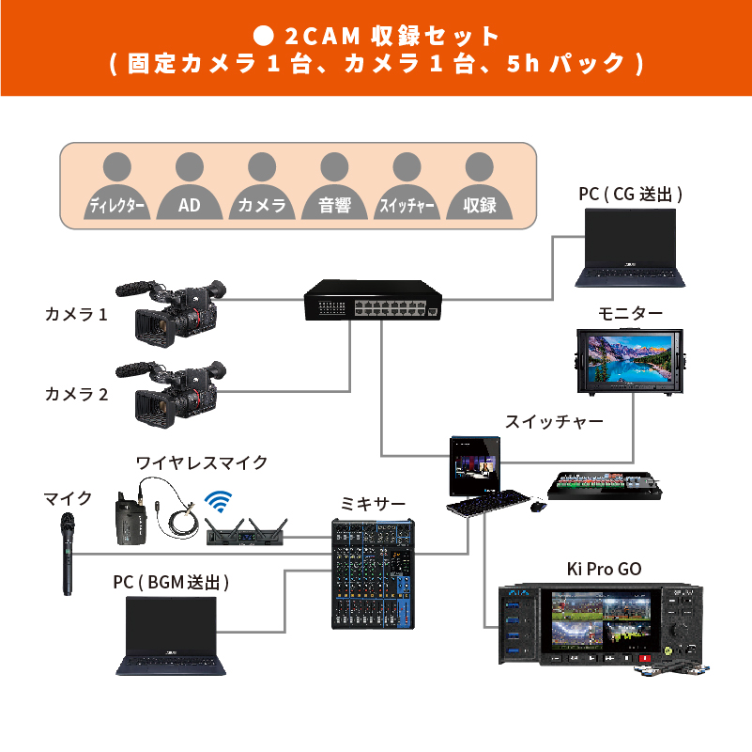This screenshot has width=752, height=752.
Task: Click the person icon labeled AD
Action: click(190, 187)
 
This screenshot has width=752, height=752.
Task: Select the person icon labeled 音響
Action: click(334, 187)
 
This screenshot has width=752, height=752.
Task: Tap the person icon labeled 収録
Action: click(479, 187)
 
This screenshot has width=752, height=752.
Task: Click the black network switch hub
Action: click(372, 303)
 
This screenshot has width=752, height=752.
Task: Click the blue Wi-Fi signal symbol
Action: click(219, 499)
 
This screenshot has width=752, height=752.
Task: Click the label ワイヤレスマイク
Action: click(202, 462)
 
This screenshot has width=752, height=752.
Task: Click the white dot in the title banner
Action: click(264, 36)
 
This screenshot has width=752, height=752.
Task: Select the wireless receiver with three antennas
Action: click(245, 533)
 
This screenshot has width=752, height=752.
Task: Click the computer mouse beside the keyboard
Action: click(537, 507)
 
